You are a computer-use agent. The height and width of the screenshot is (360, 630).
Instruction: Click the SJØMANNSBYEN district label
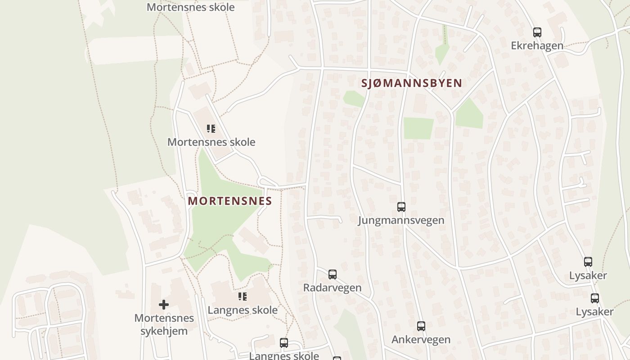click(412, 83)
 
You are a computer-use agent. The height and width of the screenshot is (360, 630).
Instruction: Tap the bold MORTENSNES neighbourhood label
click(230, 201)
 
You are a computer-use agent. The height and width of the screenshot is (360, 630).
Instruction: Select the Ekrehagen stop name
click(537, 45)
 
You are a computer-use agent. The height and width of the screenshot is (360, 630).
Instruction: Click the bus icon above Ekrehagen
click(537, 32)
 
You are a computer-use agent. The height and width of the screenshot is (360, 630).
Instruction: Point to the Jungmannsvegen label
click(401, 220)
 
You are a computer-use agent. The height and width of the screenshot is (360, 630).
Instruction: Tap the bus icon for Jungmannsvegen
click(401, 207)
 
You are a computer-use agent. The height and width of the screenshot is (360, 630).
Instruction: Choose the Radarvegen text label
click(332, 288)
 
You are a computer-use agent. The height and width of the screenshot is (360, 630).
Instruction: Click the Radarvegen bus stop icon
click(332, 274)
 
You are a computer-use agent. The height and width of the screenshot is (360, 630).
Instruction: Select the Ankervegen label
click(421, 339)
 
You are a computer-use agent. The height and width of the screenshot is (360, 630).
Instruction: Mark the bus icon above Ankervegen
click(421, 326)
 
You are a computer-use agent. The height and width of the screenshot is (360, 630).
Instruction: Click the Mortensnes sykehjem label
click(164, 324)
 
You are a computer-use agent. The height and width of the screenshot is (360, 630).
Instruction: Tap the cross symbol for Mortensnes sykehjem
click(164, 305)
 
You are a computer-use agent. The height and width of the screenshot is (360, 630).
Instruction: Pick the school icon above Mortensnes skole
click(211, 129)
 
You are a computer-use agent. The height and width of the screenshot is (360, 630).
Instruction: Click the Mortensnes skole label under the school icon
click(211, 142)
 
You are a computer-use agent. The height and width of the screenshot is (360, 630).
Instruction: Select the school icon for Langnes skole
click(243, 297)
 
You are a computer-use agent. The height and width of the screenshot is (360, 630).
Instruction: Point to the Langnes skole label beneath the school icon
click(243, 310)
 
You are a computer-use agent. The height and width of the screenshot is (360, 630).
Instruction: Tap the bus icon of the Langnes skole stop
click(283, 343)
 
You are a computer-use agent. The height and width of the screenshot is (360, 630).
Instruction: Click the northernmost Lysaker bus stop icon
click(588, 262)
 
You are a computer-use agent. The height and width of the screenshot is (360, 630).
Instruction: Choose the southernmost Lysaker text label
click(594, 311)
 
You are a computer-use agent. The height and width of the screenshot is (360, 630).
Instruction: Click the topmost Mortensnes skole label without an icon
click(190, 7)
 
